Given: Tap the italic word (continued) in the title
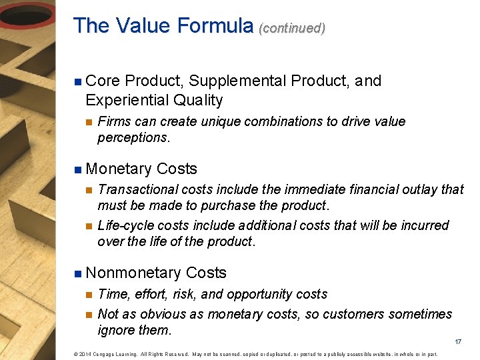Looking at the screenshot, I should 292,28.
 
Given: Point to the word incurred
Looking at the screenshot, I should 425,225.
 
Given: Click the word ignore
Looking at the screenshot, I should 116,331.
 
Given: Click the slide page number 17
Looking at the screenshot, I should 458,342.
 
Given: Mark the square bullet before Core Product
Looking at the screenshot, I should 77,82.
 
